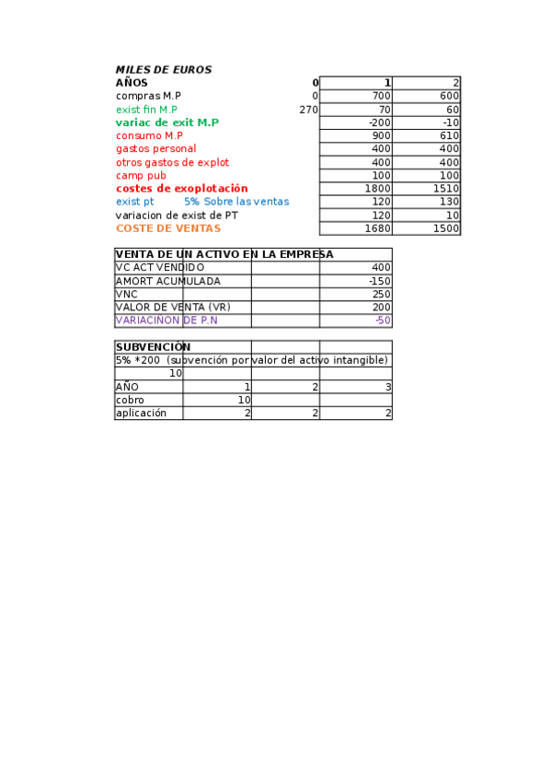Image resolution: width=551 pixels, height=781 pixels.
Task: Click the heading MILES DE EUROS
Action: coord(163,70)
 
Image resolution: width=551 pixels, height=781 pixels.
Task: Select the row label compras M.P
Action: coord(148,96)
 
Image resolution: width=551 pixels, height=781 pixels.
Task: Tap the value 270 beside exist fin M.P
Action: coord(309,110)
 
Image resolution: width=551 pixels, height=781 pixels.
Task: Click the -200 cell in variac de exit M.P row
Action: coord(379,122)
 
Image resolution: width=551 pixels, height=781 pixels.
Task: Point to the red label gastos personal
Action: coord(155,149)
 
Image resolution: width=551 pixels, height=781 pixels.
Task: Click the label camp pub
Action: coord(141,176)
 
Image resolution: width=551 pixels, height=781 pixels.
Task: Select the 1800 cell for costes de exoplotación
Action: coord(378,189)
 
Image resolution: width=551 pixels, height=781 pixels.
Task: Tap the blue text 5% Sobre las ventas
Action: coord(235,202)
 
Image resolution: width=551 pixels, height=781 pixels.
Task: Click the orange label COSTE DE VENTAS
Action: coord(168,228)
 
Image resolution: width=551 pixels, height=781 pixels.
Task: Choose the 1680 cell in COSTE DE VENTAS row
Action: coord(378,228)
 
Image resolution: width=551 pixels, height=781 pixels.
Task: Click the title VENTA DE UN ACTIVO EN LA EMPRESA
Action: coord(224,254)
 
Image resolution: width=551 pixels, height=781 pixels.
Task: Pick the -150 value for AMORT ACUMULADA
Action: coord(379,281)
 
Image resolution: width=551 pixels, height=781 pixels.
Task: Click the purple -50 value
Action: coord(383,321)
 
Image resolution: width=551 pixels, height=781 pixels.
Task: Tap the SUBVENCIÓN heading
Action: coord(153,347)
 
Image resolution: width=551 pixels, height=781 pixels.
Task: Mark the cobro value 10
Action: coord(244,401)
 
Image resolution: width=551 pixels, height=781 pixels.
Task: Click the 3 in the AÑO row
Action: coord(388,388)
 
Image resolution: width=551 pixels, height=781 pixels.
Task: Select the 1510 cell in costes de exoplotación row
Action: coord(446,189)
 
